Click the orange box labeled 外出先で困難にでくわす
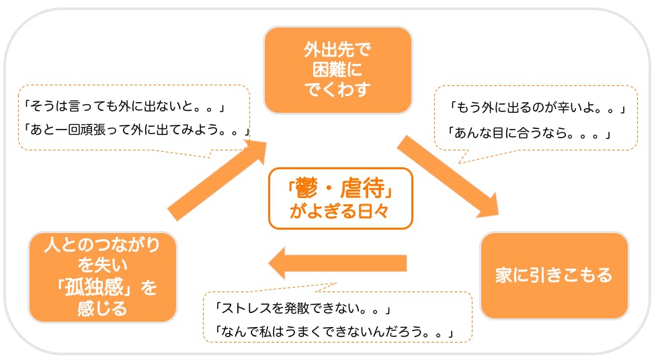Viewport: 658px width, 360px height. pos(337,69)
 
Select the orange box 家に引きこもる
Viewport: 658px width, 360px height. pos(554,275)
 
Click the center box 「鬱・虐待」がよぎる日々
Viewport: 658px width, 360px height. pos(340,199)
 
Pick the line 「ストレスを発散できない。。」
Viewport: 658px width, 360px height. pos(302,310)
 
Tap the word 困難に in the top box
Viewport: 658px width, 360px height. pos(337,69)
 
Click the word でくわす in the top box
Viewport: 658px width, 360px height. pos(337,89)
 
